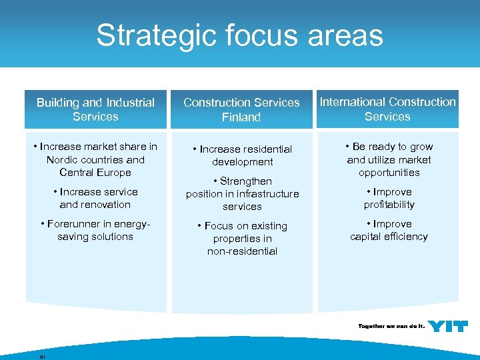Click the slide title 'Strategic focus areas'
(239, 35)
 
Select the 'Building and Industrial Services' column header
(95, 109)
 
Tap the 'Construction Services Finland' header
(241, 110)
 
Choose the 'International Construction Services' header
(387, 109)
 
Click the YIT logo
(447, 326)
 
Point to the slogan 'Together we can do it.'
(391, 327)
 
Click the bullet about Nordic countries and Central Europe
(95, 159)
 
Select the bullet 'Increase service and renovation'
(95, 198)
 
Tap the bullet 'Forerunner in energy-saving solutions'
(95, 230)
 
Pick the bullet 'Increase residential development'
(242, 155)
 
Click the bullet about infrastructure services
(242, 194)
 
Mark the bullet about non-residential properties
(242, 239)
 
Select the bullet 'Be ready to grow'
(389, 159)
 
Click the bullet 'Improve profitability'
(389, 198)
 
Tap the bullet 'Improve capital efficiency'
(389, 230)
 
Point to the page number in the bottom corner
(42, 357)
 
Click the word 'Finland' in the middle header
(241, 117)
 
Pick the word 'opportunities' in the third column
(389, 173)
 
